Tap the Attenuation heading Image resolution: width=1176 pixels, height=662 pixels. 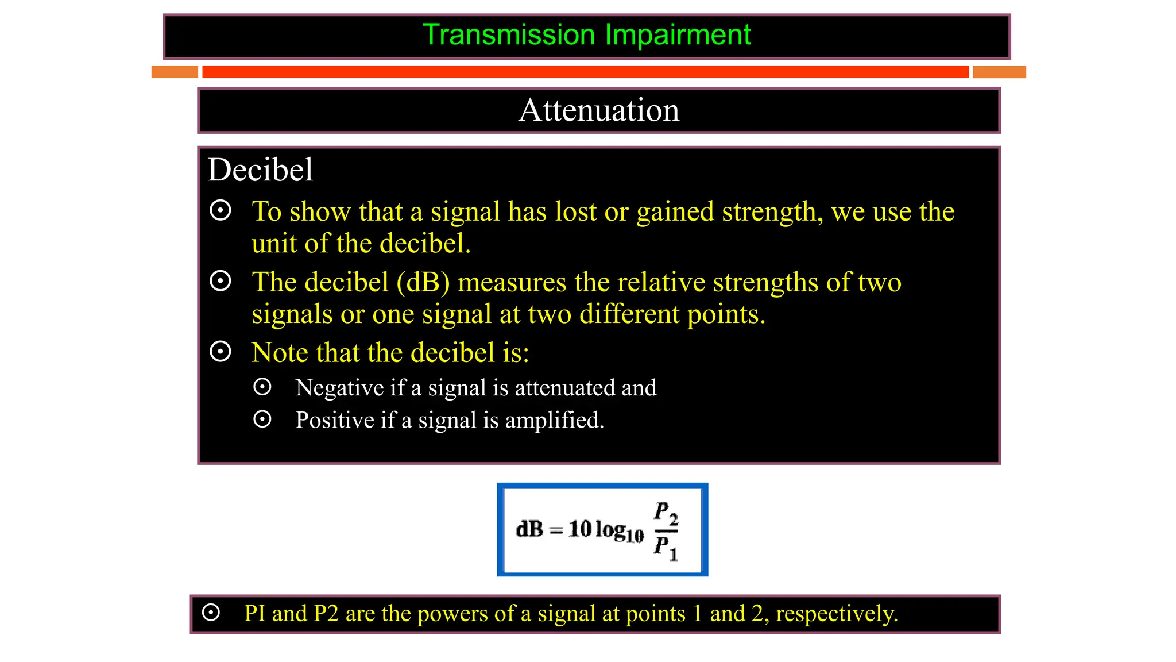pyautogui.click(x=598, y=110)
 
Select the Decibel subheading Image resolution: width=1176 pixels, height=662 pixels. pyautogui.click(x=260, y=170)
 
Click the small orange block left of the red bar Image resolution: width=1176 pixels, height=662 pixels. pyautogui.click(x=175, y=72)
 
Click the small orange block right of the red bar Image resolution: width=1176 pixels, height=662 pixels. pyautogui.click(x=999, y=72)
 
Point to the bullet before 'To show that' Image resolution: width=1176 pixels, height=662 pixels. pyautogui.click(x=220, y=210)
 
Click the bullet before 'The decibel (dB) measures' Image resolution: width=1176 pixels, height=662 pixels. pyautogui.click(x=220, y=281)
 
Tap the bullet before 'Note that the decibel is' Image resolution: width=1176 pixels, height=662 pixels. pyautogui.click(x=220, y=351)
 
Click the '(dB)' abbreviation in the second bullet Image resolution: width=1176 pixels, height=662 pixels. pyautogui.click(x=423, y=283)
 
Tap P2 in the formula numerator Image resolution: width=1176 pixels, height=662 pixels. pyautogui.click(x=666, y=513)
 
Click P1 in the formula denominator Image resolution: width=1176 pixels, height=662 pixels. pyautogui.click(x=665, y=547)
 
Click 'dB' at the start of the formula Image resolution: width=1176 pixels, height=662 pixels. pyautogui.click(x=529, y=529)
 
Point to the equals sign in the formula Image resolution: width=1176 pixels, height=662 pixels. pyautogui.click(x=555, y=530)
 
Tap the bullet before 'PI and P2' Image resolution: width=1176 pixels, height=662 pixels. pyautogui.click(x=211, y=613)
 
